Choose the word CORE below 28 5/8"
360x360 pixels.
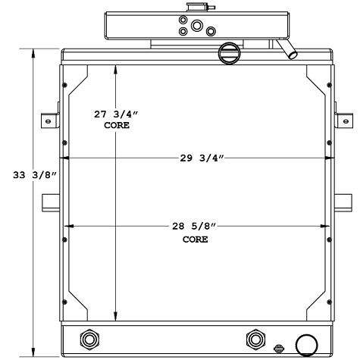(x=195, y=239)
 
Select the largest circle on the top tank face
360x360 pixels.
(x=197, y=26)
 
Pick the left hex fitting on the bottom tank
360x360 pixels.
(x=89, y=338)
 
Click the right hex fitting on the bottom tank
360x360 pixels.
(x=254, y=338)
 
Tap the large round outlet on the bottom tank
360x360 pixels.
(x=308, y=345)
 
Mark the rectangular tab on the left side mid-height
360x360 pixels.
(x=51, y=202)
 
